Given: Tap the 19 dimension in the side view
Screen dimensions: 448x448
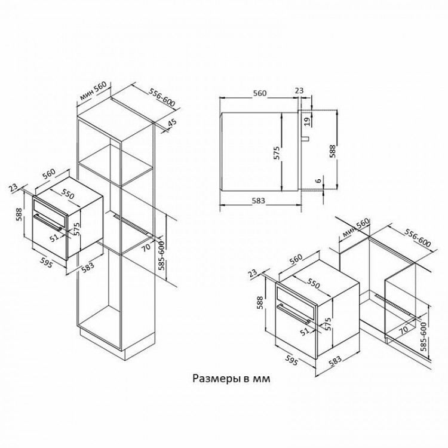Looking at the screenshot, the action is click(307, 122).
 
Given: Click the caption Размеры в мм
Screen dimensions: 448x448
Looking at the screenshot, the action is click(231, 379).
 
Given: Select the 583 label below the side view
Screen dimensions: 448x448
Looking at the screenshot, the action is click(258, 201).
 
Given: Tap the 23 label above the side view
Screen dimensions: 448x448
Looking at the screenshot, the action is click(299, 91).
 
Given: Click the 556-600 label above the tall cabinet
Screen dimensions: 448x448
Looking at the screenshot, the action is click(162, 97).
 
